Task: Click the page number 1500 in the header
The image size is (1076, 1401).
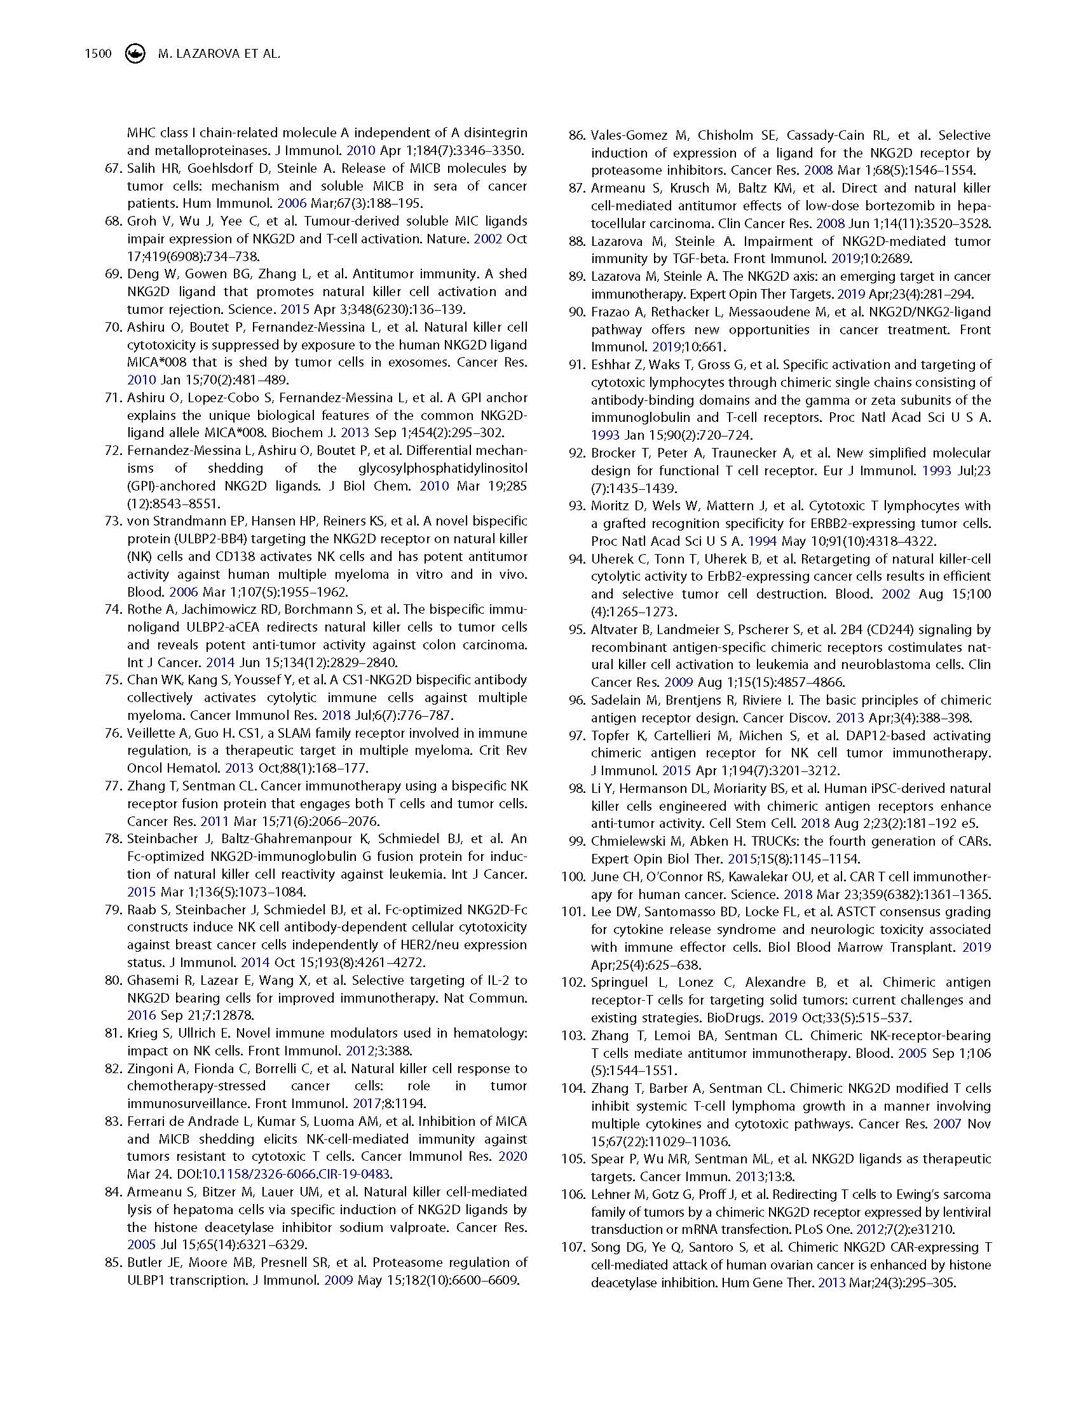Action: (98, 55)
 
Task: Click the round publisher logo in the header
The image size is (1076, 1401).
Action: (134, 55)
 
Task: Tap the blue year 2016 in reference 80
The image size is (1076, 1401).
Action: (141, 1015)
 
